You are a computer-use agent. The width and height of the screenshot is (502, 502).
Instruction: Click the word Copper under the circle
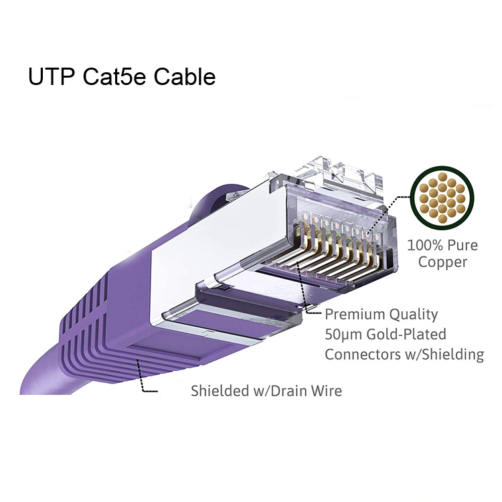pyautogui.click(x=442, y=262)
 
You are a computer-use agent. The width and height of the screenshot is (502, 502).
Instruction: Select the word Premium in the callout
pyautogui.click(x=353, y=314)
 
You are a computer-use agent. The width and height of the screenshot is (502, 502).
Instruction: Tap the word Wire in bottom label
pyautogui.click(x=325, y=390)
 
